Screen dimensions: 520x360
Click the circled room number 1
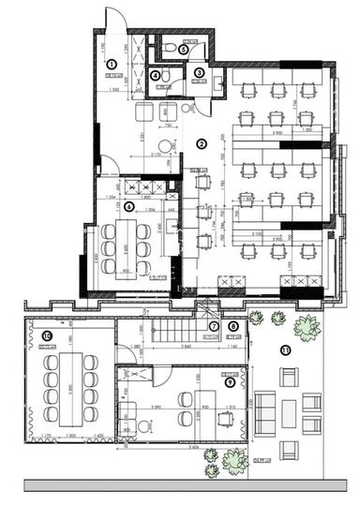click(x=111, y=63)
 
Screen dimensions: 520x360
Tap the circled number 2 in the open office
click(x=201, y=143)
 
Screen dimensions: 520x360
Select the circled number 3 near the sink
click(x=200, y=72)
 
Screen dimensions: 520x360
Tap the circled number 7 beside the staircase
click(x=213, y=326)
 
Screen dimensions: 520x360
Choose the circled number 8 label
click(x=233, y=326)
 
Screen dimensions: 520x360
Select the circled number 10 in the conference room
click(x=45, y=335)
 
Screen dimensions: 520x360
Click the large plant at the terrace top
click(x=307, y=329)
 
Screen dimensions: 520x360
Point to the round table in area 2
click(x=166, y=145)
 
